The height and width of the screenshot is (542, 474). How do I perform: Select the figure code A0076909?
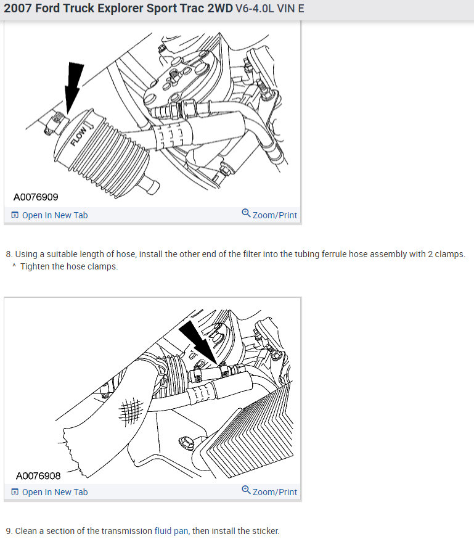pyautogui.click(x=36, y=197)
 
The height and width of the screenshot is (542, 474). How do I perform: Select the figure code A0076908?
pyautogui.click(x=38, y=475)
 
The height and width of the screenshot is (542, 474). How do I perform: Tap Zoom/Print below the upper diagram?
pyautogui.click(x=274, y=215)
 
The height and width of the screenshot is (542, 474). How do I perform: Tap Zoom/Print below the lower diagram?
pyautogui.click(x=274, y=492)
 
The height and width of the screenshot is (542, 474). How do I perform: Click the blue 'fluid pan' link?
pyautogui.click(x=172, y=531)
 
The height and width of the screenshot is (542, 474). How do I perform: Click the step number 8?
pyautogui.click(x=8, y=254)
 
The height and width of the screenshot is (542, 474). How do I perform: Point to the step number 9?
pyautogui.click(x=8, y=531)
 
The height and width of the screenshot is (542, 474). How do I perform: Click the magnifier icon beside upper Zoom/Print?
pyautogui.click(x=246, y=213)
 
